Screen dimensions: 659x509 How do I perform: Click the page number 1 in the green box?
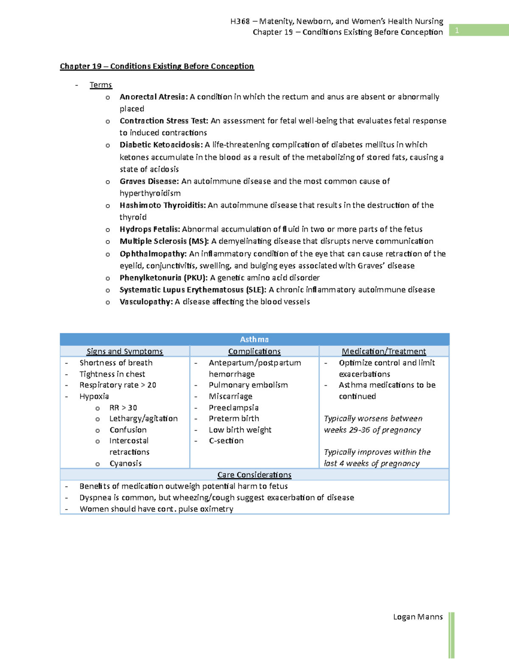(x=457, y=30)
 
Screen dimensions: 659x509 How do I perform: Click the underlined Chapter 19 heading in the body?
(x=157, y=66)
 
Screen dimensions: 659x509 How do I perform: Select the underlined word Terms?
(x=101, y=85)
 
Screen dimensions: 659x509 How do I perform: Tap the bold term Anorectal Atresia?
(x=153, y=97)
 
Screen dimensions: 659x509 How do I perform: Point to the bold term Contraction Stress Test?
(x=164, y=121)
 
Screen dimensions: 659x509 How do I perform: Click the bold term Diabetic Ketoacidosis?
(x=161, y=145)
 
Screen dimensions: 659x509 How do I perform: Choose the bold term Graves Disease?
(x=149, y=181)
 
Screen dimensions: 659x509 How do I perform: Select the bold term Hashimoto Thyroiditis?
(x=162, y=205)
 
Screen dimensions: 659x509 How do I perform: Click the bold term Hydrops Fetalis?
(x=150, y=229)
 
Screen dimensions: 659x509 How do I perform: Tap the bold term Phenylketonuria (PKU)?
(x=163, y=278)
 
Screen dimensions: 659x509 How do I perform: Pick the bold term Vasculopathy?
(x=146, y=302)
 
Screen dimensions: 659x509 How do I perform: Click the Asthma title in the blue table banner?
(x=254, y=339)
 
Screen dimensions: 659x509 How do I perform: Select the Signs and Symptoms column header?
(x=125, y=351)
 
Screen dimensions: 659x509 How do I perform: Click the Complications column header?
(x=254, y=351)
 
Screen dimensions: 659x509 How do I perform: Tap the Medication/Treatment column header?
(x=383, y=351)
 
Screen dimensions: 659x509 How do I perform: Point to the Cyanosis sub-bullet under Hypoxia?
(x=126, y=463)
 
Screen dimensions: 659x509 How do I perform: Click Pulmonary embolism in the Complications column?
(x=248, y=385)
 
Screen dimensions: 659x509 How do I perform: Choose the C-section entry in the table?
(x=226, y=441)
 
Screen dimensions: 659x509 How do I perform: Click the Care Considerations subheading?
(x=254, y=475)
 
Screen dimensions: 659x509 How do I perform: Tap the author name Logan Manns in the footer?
(x=418, y=617)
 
